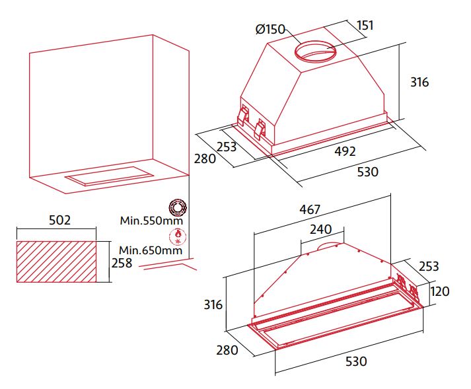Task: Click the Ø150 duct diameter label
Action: pos(270,29)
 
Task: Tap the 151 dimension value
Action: pos(365,26)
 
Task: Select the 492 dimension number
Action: pos(345,151)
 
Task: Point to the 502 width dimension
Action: pos(59,220)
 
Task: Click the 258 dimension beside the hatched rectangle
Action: pos(122,263)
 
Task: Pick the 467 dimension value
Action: pos(310,209)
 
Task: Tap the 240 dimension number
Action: pos(321,229)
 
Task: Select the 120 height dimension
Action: pos(440,291)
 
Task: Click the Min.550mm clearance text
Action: pos(151,221)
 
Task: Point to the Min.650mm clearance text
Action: pos(151,250)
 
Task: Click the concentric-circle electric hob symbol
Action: pos(178,207)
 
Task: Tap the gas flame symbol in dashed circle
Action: pos(178,237)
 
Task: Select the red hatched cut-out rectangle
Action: pos(56,262)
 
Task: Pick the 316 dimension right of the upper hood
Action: pos(419,82)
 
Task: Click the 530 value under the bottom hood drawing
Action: pos(356,361)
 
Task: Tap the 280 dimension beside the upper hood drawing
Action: pos(205,159)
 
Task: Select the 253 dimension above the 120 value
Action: pos(429,266)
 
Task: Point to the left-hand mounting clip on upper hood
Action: pos(242,116)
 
